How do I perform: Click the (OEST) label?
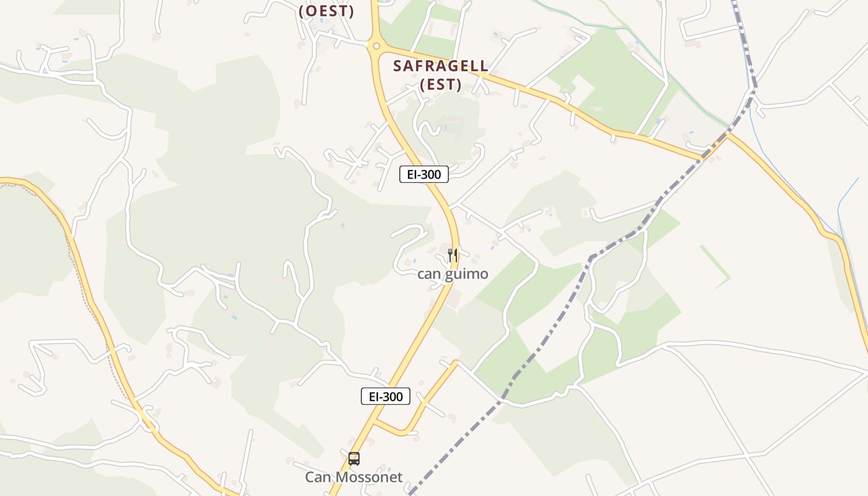[x=326, y=11]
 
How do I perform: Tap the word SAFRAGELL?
[x=441, y=66]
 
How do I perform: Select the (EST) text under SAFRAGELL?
[x=441, y=85]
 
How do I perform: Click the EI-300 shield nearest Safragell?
[x=423, y=175]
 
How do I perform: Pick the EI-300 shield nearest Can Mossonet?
[x=386, y=397]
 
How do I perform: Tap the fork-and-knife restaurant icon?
[x=453, y=255]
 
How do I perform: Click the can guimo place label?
[x=453, y=273]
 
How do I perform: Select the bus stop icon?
[x=354, y=459]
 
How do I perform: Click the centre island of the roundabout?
[x=374, y=45]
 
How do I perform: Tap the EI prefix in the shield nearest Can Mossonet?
[x=374, y=397]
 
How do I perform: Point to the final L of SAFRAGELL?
[x=484, y=66]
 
